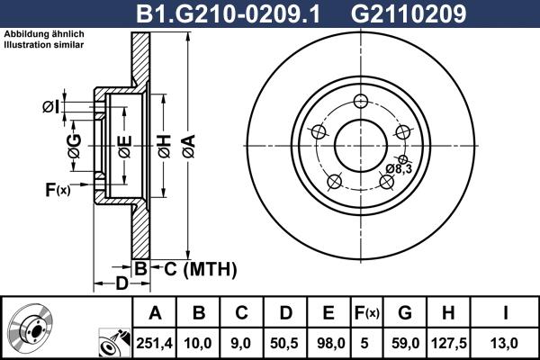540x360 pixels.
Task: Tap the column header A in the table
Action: pyautogui.click(x=155, y=313)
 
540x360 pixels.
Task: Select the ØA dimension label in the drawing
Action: pyautogui.click(x=186, y=141)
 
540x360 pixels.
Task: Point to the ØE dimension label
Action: pyautogui.click(x=124, y=144)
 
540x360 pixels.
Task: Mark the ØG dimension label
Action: pyautogui.click(x=74, y=145)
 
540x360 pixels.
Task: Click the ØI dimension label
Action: pyautogui.click(x=50, y=108)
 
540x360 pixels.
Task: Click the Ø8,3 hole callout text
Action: pyautogui.click(x=399, y=168)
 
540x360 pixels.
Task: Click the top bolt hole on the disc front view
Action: pyautogui.click(x=361, y=101)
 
